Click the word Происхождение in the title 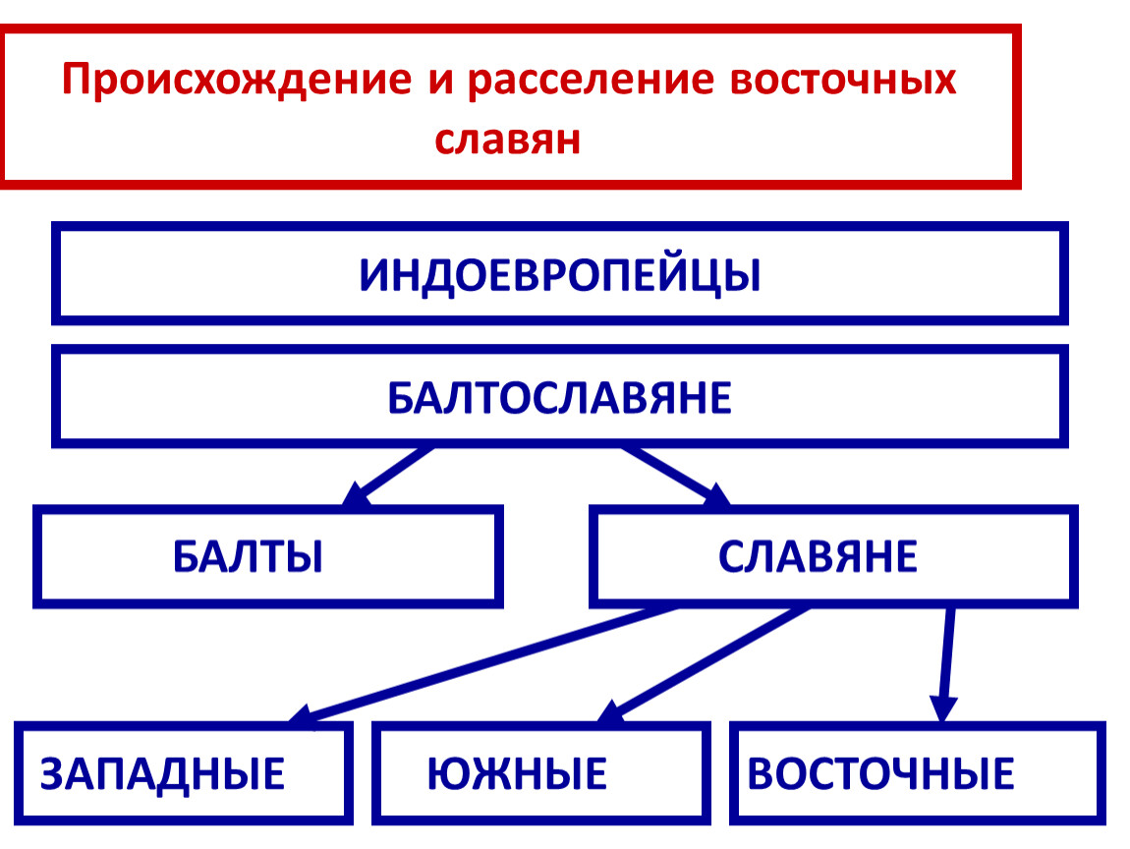click(235, 79)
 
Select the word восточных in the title click(843, 79)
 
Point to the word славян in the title click(508, 139)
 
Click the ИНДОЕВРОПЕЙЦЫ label click(560, 275)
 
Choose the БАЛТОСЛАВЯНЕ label click(560, 398)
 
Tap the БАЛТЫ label click(249, 557)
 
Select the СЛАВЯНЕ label click(818, 557)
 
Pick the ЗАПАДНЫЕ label click(162, 773)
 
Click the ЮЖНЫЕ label click(517, 773)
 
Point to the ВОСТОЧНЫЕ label click(880, 773)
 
